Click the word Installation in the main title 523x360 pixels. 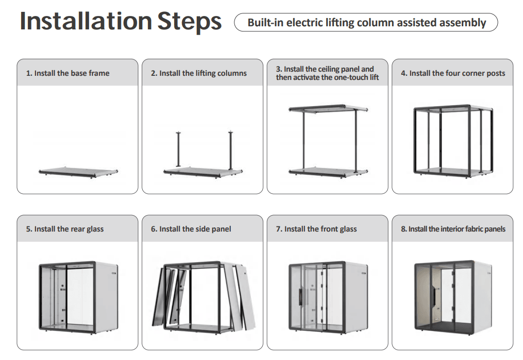[x=86, y=21]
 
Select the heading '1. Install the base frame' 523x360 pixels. [x=68, y=73]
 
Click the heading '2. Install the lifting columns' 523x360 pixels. [x=199, y=73]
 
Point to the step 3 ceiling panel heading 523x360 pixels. [x=327, y=73]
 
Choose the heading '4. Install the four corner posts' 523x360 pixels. [x=453, y=73]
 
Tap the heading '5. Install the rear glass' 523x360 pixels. [x=65, y=229]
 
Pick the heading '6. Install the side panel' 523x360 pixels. [x=191, y=229]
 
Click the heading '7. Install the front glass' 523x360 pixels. [x=316, y=229]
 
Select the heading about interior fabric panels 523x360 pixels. [x=453, y=229]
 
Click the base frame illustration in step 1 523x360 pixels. [x=78, y=172]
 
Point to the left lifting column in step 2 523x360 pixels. [x=178, y=149]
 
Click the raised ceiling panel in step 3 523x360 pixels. [x=328, y=109]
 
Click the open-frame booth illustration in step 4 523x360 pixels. [x=453, y=141]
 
